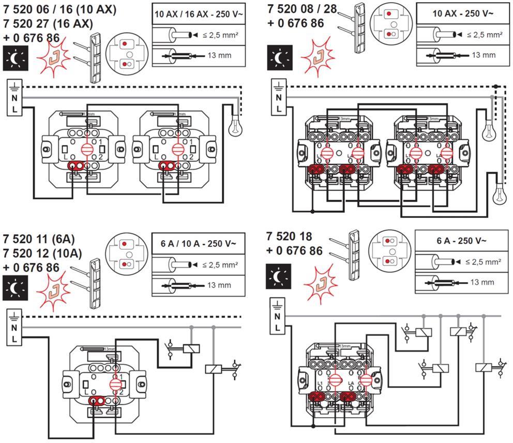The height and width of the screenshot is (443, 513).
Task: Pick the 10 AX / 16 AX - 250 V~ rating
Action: [198, 14]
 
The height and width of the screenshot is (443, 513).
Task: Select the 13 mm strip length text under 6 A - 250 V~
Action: [481, 282]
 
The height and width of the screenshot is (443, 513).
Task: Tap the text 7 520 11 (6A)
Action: [38, 240]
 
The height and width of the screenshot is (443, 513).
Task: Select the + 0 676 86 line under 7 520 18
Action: [295, 251]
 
